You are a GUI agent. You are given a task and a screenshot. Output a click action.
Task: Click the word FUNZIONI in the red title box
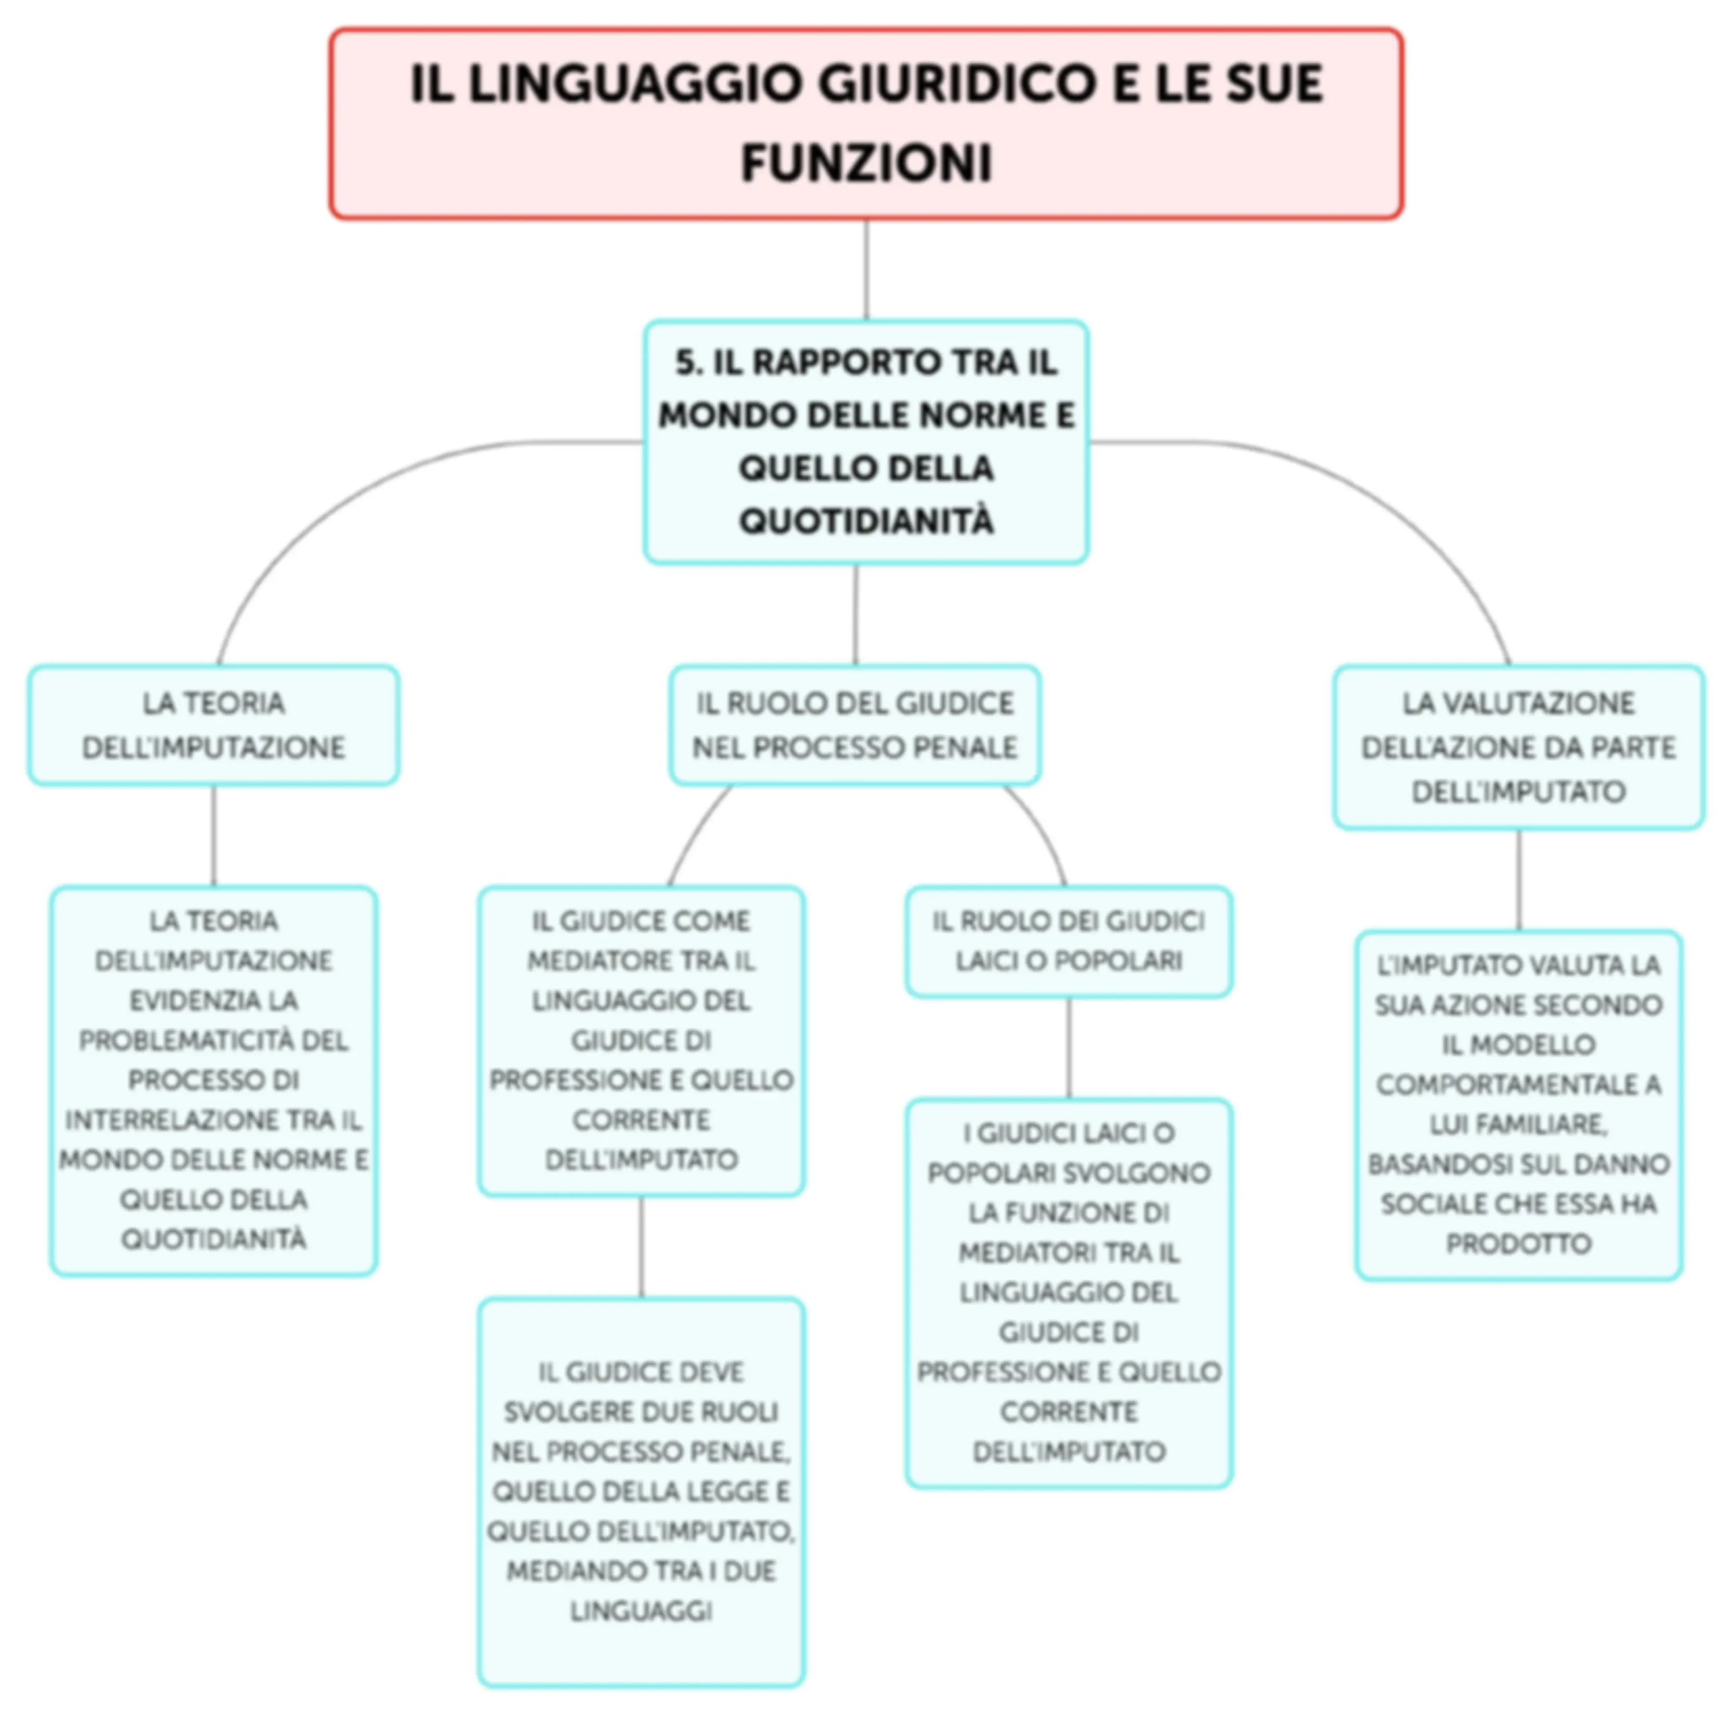click(x=867, y=163)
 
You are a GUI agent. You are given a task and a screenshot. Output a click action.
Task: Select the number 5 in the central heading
click(x=685, y=362)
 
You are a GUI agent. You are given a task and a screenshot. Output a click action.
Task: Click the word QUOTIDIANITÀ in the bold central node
click(x=867, y=521)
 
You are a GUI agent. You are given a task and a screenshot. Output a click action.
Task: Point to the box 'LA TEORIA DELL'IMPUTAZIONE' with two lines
click(x=213, y=725)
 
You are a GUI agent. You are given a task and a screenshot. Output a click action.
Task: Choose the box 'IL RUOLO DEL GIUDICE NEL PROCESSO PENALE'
click(x=855, y=725)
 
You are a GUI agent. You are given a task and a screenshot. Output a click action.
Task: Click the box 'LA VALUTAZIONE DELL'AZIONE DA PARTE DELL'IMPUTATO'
click(x=1519, y=747)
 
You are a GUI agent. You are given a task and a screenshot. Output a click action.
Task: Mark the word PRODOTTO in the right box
click(x=1519, y=1243)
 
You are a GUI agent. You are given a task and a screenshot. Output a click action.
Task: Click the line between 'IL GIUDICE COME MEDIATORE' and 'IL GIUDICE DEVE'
click(x=641, y=1247)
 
